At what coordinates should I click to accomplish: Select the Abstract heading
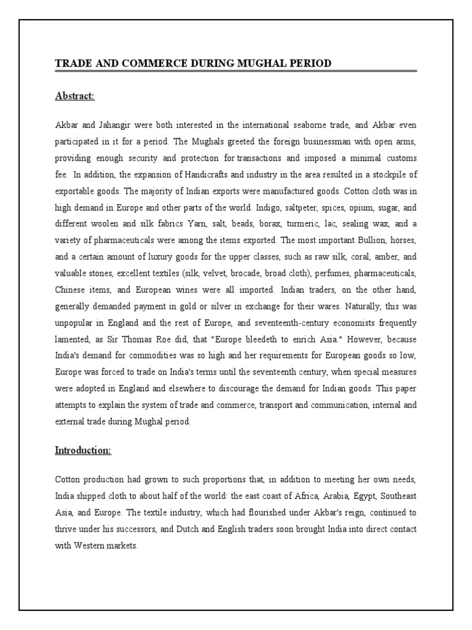point(75,97)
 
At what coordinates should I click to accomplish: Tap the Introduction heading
point(83,450)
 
